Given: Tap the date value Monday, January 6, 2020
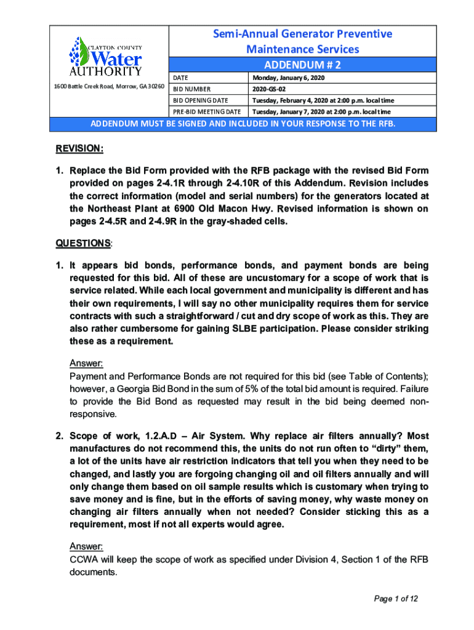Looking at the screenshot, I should click(288, 78).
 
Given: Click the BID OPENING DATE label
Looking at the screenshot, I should click(200, 100).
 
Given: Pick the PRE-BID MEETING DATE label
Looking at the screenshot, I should click(206, 111).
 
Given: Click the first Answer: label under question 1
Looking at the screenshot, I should click(86, 364).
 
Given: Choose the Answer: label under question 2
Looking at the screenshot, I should click(86, 546).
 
